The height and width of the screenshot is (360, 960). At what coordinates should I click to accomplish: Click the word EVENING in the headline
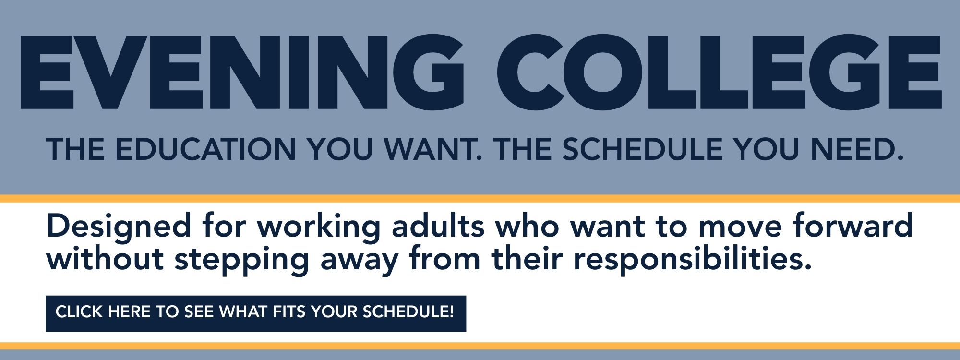[242, 72]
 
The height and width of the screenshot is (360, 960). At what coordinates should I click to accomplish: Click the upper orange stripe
[480, 199]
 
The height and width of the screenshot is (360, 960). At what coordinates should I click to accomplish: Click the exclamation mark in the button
[451, 312]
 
